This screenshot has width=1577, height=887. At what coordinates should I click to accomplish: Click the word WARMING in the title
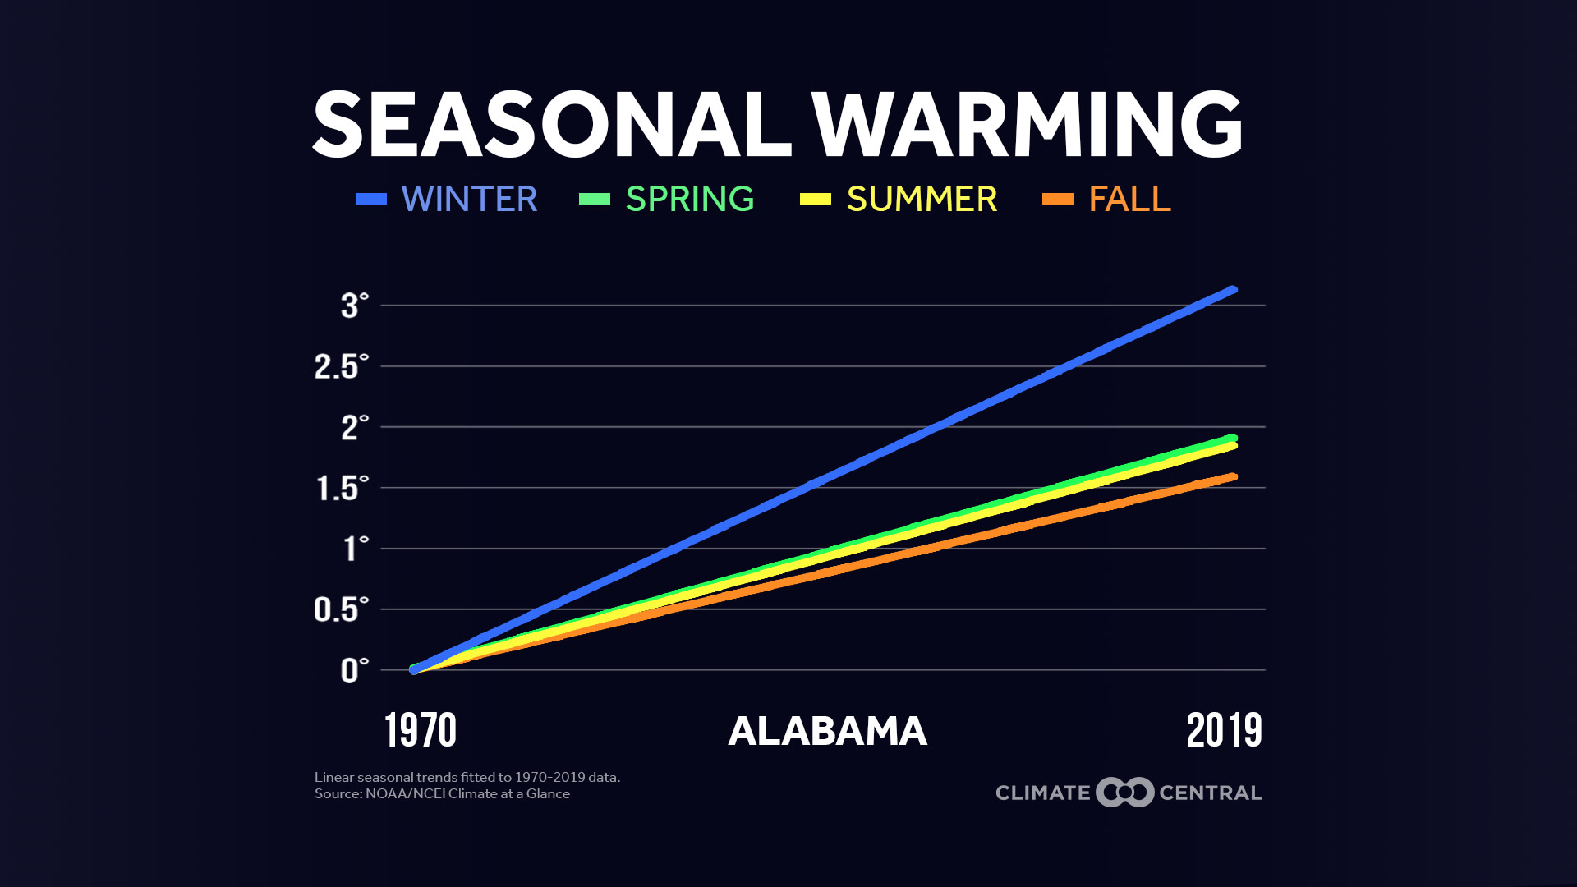click(x=1027, y=125)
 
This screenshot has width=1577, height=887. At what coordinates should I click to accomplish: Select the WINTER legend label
click(x=469, y=199)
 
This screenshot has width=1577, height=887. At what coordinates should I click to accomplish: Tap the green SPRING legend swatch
click(x=595, y=199)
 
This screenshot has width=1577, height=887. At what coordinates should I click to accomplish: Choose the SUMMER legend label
click(x=922, y=199)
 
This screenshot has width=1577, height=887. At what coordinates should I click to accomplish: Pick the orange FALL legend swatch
click(x=1058, y=199)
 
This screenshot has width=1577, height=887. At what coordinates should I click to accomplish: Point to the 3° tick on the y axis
click(x=354, y=306)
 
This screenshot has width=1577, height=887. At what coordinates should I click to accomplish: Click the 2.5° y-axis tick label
click(x=341, y=366)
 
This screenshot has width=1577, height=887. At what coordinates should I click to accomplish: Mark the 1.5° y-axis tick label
click(x=342, y=488)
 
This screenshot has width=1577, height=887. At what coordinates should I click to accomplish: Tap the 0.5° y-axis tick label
click(x=341, y=609)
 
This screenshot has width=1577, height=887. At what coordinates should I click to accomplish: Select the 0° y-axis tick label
click(x=354, y=670)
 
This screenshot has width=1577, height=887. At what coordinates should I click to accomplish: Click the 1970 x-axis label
click(x=421, y=730)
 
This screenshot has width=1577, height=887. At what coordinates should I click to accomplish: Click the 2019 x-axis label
click(x=1224, y=730)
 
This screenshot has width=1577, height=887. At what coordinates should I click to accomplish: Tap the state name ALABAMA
click(x=827, y=731)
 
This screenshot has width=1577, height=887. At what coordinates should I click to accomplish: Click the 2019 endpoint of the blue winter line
click(x=1232, y=290)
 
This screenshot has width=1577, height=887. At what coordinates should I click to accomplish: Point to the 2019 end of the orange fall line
click(x=1232, y=477)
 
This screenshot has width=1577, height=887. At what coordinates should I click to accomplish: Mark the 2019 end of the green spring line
click(x=1232, y=438)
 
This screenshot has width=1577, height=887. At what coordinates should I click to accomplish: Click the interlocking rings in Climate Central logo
click(x=1125, y=793)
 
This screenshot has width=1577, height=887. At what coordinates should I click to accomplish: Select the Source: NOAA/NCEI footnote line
click(x=442, y=794)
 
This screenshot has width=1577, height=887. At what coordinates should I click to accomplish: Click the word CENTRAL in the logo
click(x=1210, y=793)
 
